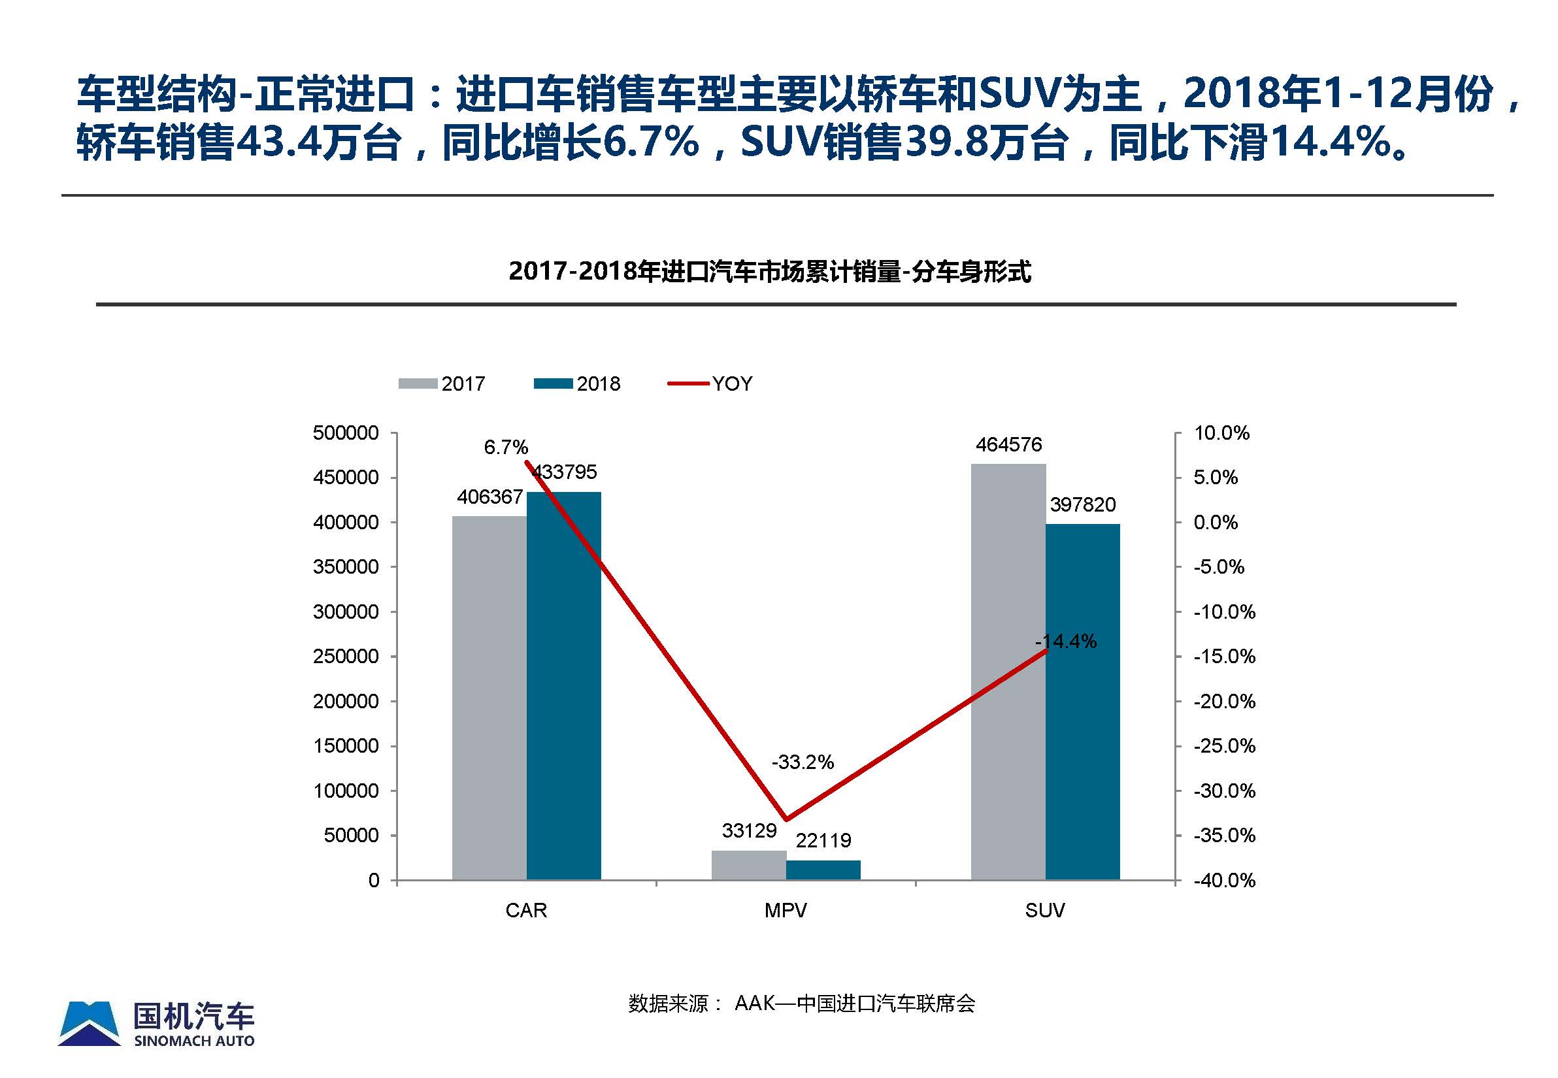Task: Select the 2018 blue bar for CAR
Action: coord(563,685)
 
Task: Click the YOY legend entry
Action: coord(710,384)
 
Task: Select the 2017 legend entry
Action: coord(442,384)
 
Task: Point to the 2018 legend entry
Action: coord(577,384)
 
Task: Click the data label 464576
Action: coord(1009,444)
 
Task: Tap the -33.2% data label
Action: coord(803,762)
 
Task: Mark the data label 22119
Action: coord(823,840)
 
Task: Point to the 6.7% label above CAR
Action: coord(506,447)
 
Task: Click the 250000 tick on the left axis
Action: coord(345,657)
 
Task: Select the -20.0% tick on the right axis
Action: coord(1224,701)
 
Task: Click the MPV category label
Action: coord(785,911)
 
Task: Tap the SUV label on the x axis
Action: coord(1044,911)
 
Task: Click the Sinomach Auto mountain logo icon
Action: coord(90,1023)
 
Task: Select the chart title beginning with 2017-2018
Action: coord(770,272)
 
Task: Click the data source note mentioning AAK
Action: coord(801,1004)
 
